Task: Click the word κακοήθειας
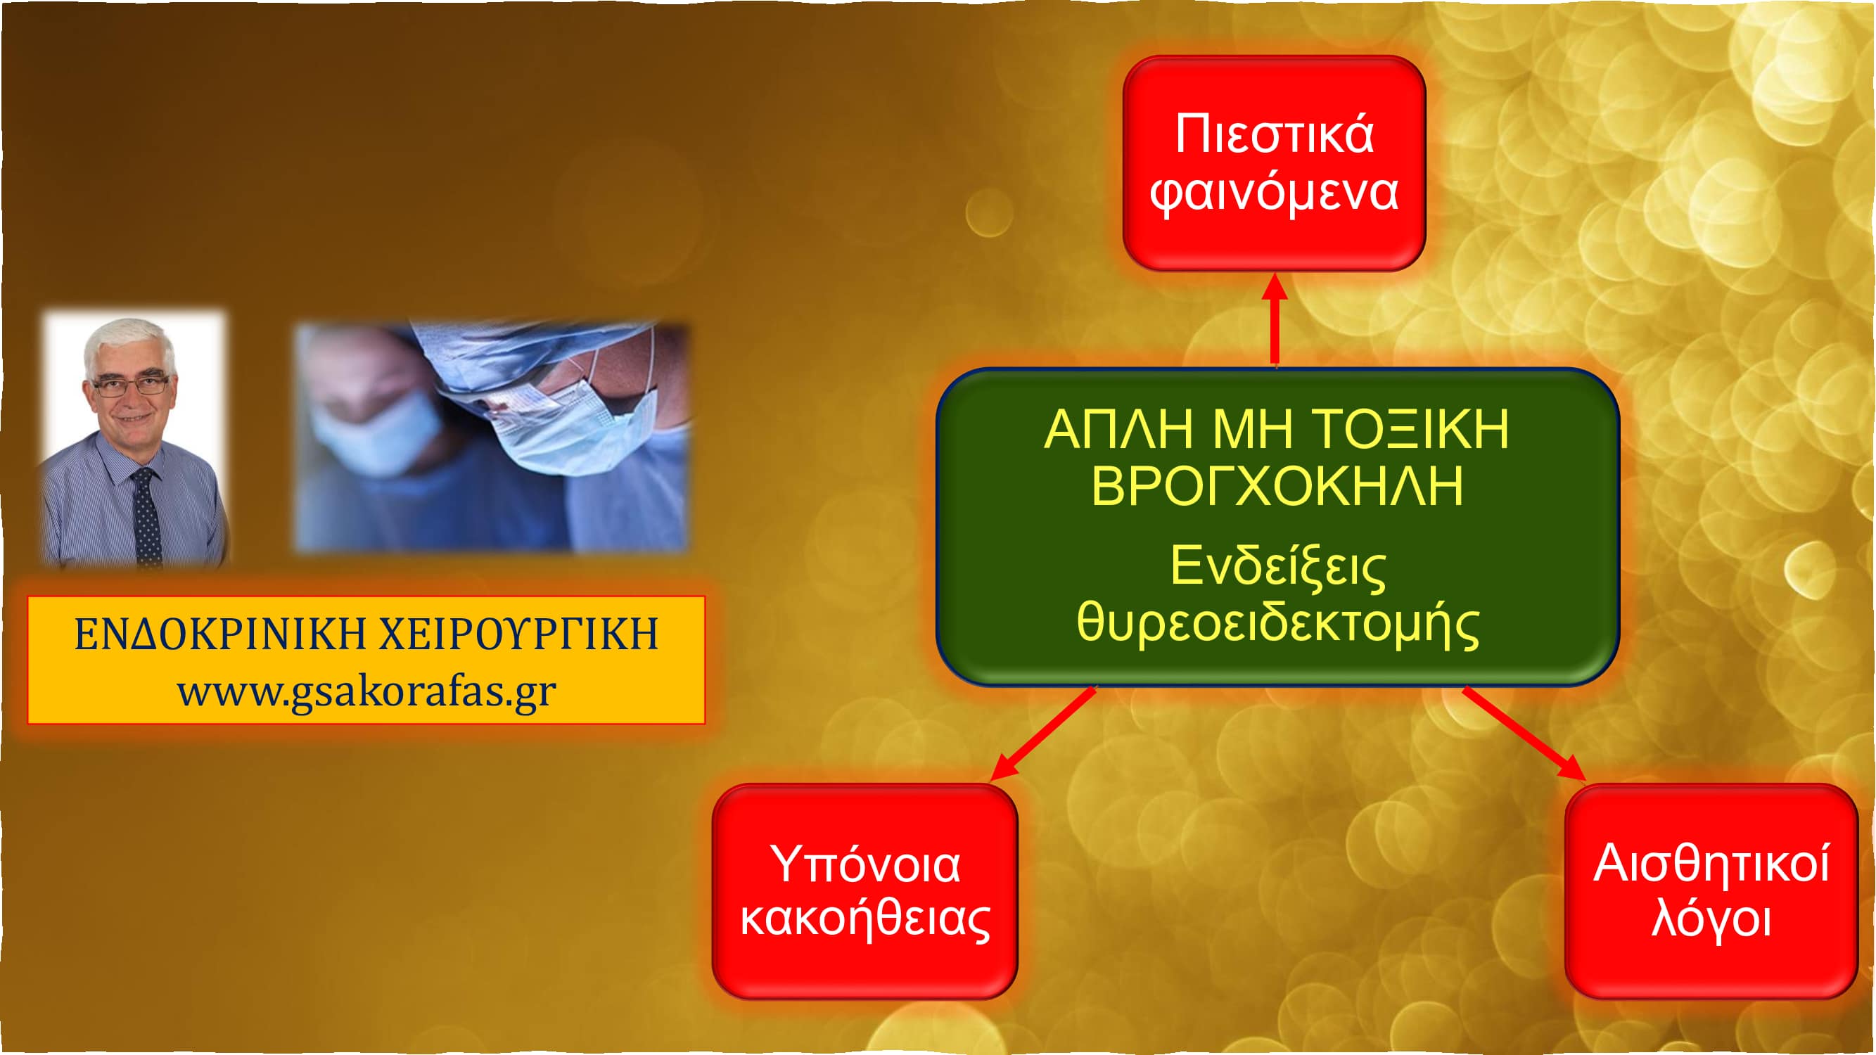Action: (x=865, y=919)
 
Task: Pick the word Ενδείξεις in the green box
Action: (x=1277, y=566)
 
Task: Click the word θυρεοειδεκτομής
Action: (x=1277, y=625)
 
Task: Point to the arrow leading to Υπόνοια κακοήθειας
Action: (x=1043, y=734)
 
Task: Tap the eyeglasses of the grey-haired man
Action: (x=131, y=385)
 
